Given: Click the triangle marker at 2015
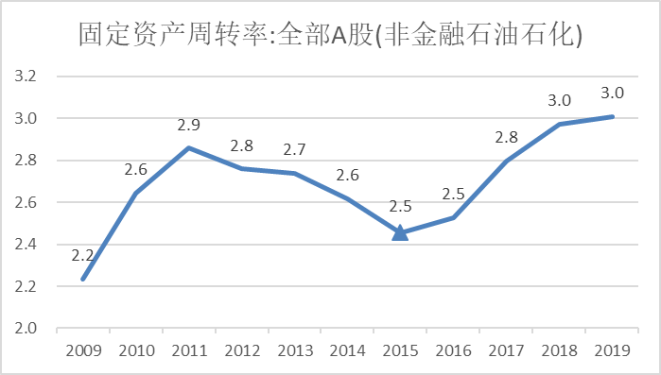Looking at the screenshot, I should pos(400,232).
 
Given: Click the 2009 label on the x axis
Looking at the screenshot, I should pos(82,350).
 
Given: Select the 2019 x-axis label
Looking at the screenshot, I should pos(612,350).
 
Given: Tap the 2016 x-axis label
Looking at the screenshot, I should pos(453,350).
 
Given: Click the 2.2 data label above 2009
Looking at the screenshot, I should pos(82,255).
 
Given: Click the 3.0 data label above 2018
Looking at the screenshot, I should pos(560,101).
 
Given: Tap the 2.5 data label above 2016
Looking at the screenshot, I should pos(454,195).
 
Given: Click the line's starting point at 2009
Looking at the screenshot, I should pos(83,279).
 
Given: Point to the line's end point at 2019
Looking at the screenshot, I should pos(612,117).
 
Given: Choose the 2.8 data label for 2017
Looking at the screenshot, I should pos(507,138).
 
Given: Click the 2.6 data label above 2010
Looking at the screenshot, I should pos(135,170).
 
